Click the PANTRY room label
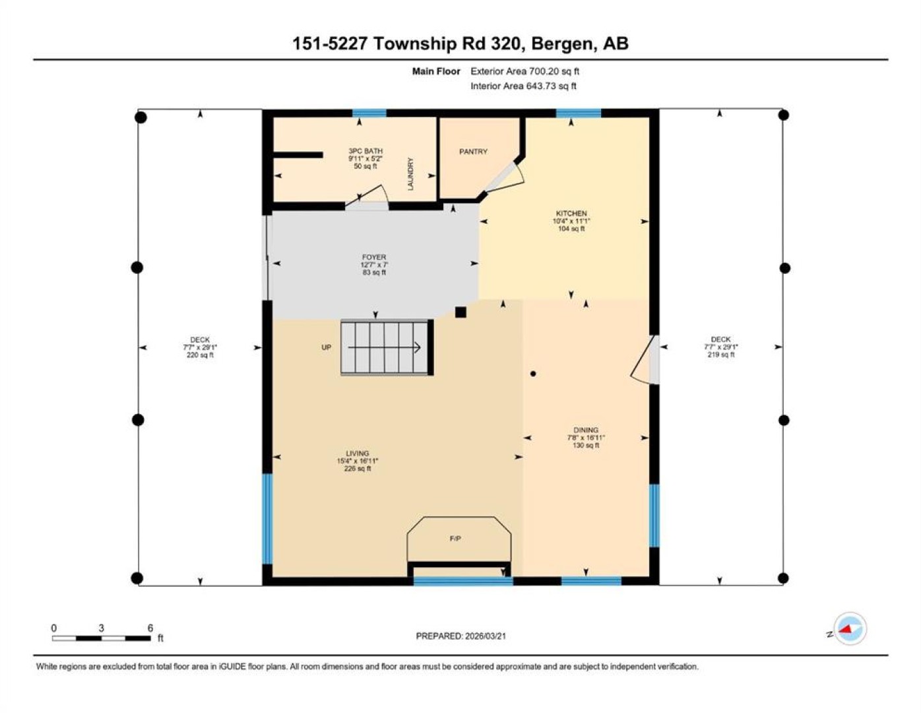coord(473,151)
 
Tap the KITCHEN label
coord(571,213)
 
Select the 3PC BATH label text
coord(365,151)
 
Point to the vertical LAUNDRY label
coord(410,174)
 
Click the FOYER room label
coord(374,257)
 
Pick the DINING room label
coord(586,430)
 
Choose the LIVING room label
coord(358,453)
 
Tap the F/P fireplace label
coord(455,539)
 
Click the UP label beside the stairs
coord(326,347)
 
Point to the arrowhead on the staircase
coord(417,348)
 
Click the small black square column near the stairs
coord(460,312)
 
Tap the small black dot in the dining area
coord(533,374)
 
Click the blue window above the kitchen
coord(578,113)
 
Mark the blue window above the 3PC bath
coord(369,113)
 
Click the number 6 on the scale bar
coord(150,628)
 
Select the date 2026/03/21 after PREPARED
coord(486,636)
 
